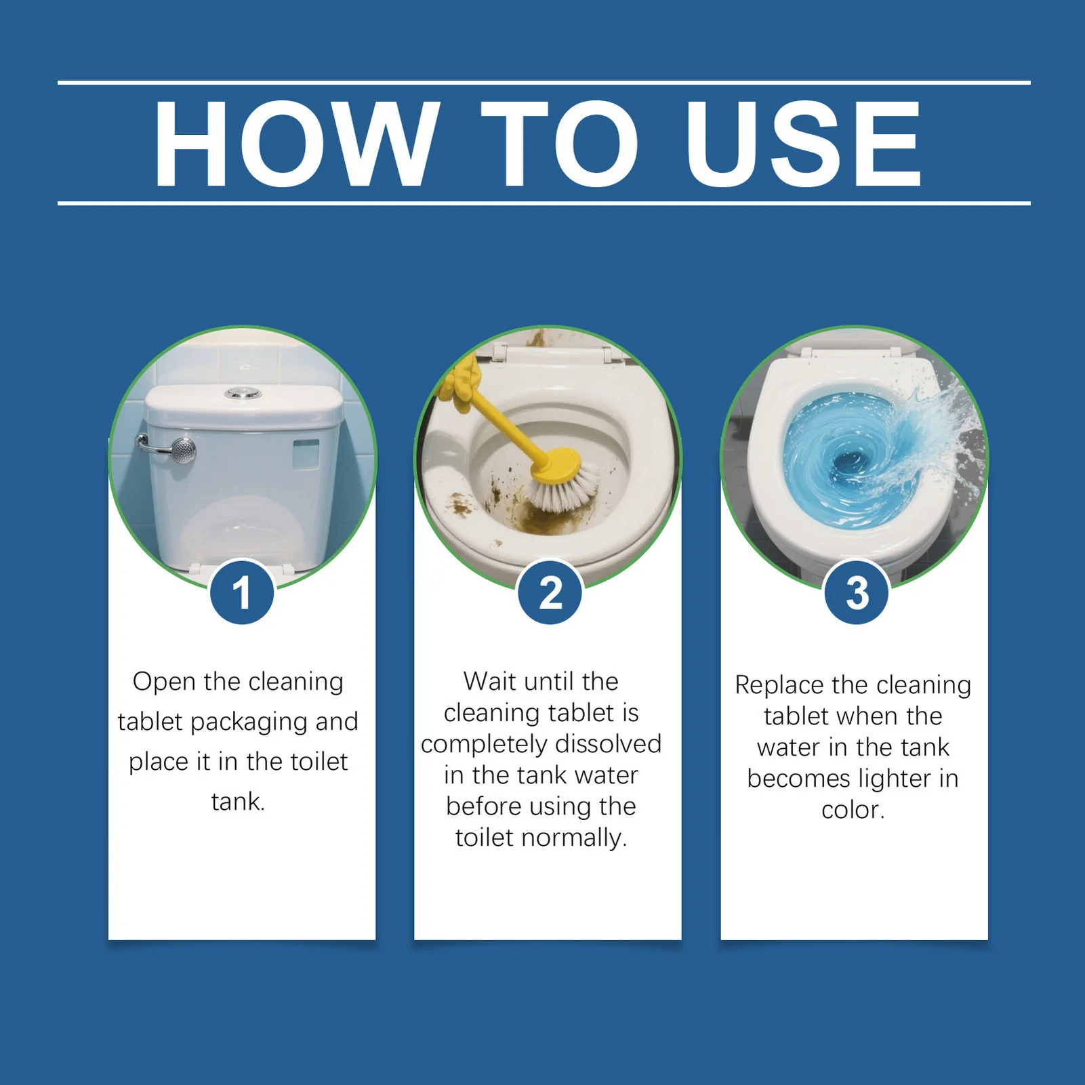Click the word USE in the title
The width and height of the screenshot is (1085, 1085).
point(804,143)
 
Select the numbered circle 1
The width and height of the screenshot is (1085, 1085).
point(242,592)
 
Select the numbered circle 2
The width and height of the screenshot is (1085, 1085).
point(550,592)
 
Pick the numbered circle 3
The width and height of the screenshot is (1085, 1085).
point(857,592)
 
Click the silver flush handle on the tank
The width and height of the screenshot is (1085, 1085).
point(168,449)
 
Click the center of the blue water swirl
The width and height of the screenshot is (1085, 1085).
point(850,463)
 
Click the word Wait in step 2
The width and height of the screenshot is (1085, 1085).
point(490,681)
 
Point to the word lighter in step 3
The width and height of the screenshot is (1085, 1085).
point(894,779)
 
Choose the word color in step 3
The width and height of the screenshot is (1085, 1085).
point(853,810)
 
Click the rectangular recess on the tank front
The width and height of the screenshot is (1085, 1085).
point(306,453)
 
